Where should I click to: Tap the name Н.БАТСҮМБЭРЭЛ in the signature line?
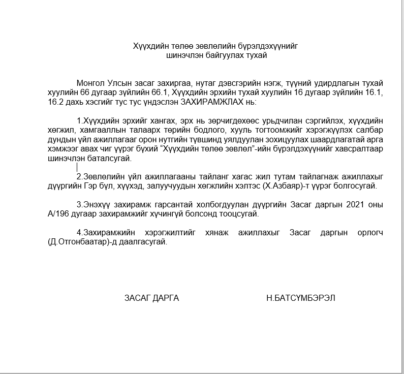pos(300,298)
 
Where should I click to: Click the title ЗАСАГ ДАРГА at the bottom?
pos(151,298)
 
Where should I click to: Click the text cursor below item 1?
pos(77,166)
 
